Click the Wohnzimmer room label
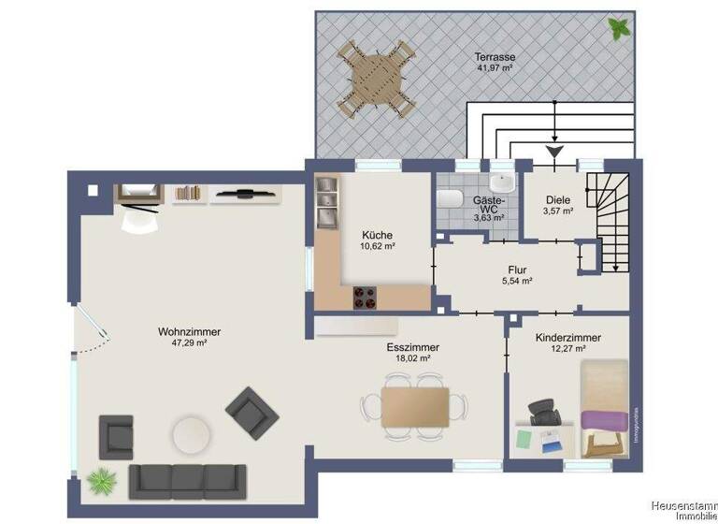tap(182, 331)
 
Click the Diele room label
tap(557, 198)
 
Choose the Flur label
tap(516, 270)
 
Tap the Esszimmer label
tap(412, 347)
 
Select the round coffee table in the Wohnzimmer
tap(191, 434)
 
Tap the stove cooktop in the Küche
tap(364, 298)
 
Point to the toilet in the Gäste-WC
tap(449, 199)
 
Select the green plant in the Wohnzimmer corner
tap(99, 481)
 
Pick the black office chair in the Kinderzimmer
tap(542, 413)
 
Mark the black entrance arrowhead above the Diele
tap(554, 151)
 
